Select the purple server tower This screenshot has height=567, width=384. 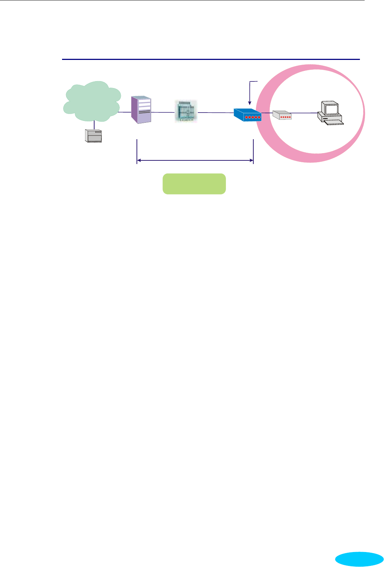point(141,110)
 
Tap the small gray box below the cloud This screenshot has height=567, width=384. point(93,136)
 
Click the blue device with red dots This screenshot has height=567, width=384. point(247,114)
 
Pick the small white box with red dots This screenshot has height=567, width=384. point(282,115)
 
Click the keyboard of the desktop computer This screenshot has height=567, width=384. point(333,123)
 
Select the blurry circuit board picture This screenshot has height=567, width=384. point(186,111)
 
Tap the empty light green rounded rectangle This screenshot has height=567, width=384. point(194,184)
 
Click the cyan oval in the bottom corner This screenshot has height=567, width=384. point(359,559)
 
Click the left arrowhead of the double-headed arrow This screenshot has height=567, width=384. point(139,160)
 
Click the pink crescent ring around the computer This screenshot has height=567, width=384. point(266,139)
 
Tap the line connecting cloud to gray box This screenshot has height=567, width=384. point(95,125)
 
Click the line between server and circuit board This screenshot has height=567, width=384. point(163,112)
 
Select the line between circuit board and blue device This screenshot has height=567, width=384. point(215,112)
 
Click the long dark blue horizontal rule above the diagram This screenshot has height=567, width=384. point(211,59)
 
